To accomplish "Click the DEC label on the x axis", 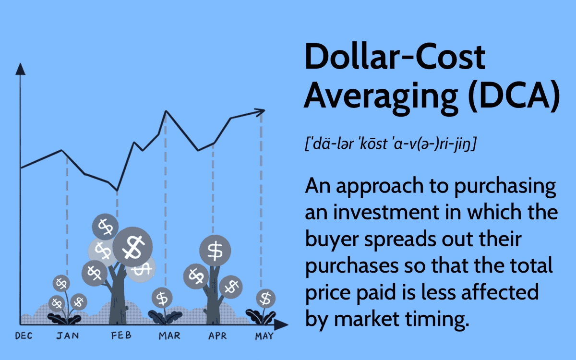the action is click(24, 336).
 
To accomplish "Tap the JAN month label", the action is click(68, 336).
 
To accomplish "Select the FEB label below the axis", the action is click(121, 336).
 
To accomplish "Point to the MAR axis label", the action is click(169, 336).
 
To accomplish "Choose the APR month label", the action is click(217, 336).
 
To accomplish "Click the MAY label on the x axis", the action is click(264, 336).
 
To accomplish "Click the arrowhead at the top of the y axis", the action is click(20, 69).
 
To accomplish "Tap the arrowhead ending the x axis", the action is click(281, 324).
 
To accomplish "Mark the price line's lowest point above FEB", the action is click(117, 191).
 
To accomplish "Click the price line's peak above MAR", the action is click(166, 111).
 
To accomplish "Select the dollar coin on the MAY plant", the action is click(265, 299).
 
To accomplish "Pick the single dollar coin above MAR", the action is click(162, 298).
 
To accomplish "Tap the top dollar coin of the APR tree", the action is click(215, 251).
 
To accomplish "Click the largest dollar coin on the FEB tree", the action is click(132, 247).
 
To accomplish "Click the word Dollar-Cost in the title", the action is click(395, 56).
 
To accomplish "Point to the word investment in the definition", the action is click(386, 212).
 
